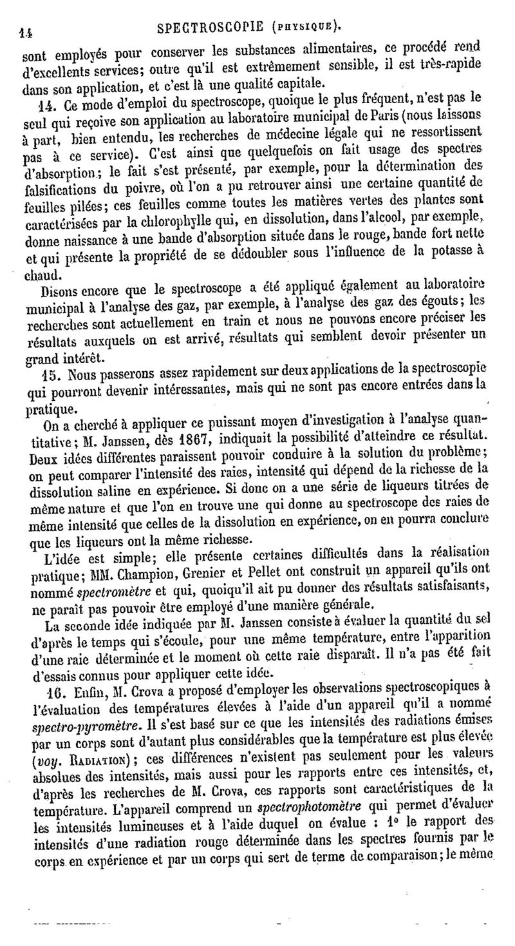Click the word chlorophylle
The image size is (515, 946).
201,222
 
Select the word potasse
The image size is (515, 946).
449,255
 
